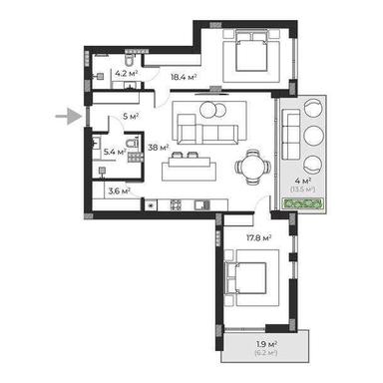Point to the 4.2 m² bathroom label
tap(127, 73)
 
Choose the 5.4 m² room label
tap(114, 152)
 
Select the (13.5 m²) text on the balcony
tap(298, 188)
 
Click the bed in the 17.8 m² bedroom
tap(249, 274)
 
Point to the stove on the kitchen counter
tap(176, 205)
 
